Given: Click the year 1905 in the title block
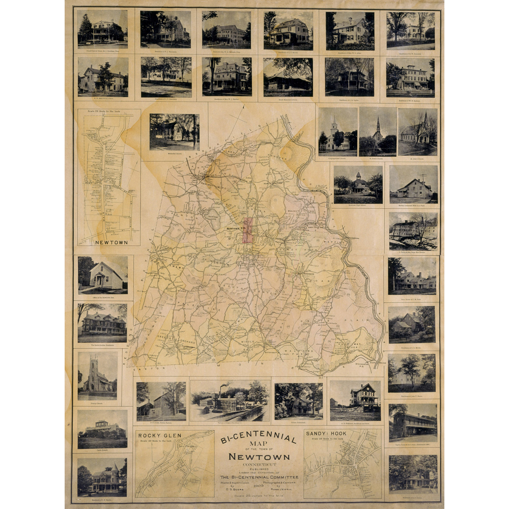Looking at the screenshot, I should pyautogui.click(x=260, y=486).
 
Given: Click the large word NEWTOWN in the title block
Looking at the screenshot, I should pyautogui.click(x=260, y=456).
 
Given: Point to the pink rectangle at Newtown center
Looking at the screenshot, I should pyautogui.click(x=248, y=230).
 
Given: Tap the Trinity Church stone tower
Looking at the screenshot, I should pyautogui.click(x=94, y=367).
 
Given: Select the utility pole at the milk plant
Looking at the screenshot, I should pyautogui.click(x=422, y=178).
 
